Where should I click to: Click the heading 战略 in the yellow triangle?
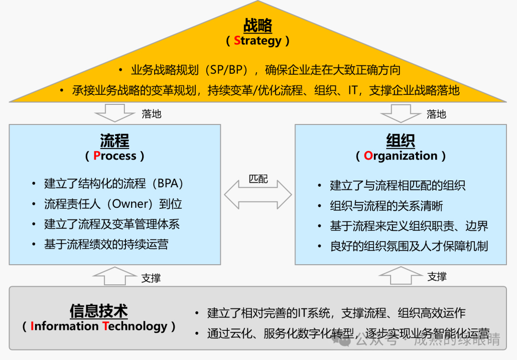258,25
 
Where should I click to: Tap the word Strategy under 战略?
258,41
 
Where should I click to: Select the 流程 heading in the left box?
114,141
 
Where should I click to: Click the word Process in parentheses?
115,156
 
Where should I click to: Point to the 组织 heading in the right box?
401,141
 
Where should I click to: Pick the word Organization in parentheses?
401,156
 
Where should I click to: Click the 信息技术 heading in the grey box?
99,311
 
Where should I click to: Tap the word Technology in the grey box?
135,326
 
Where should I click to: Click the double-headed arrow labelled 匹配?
258,195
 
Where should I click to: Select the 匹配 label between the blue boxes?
258,179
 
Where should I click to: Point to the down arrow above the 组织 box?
401,113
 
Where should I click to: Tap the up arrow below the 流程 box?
115,276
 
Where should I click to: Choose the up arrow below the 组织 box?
401,276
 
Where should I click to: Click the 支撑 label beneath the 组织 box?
437,277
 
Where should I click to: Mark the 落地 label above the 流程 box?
151,114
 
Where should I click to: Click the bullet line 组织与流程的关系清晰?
386,206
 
